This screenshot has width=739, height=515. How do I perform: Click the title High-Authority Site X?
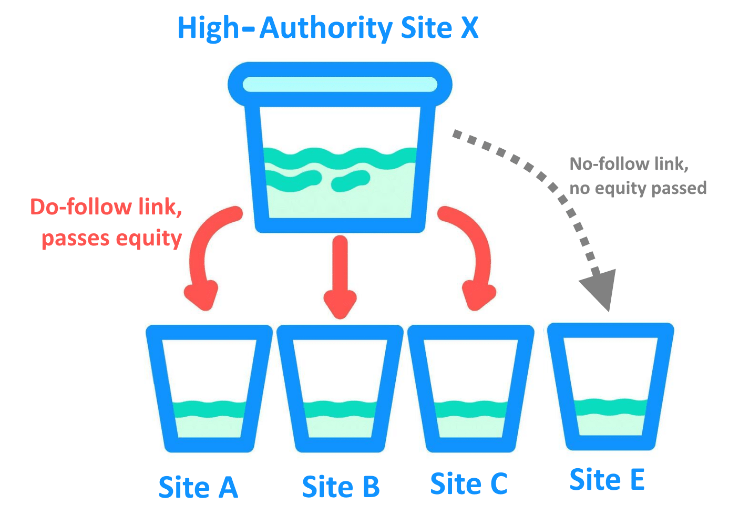click(327, 28)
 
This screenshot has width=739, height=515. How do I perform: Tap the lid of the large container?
click(340, 85)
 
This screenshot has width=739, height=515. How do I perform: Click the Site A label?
click(198, 488)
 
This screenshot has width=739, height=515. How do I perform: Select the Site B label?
click(341, 487)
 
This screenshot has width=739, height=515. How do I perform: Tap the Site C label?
click(469, 484)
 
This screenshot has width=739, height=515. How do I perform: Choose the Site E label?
click(607, 480)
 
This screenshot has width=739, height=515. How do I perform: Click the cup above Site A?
click(209, 389)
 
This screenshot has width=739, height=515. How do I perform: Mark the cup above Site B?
click(340, 389)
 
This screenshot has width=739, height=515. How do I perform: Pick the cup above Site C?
click(470, 389)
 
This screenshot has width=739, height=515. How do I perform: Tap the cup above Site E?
click(610, 386)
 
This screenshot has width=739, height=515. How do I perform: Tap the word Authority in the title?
click(326, 28)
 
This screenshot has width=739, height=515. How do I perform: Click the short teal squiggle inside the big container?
click(351, 180)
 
